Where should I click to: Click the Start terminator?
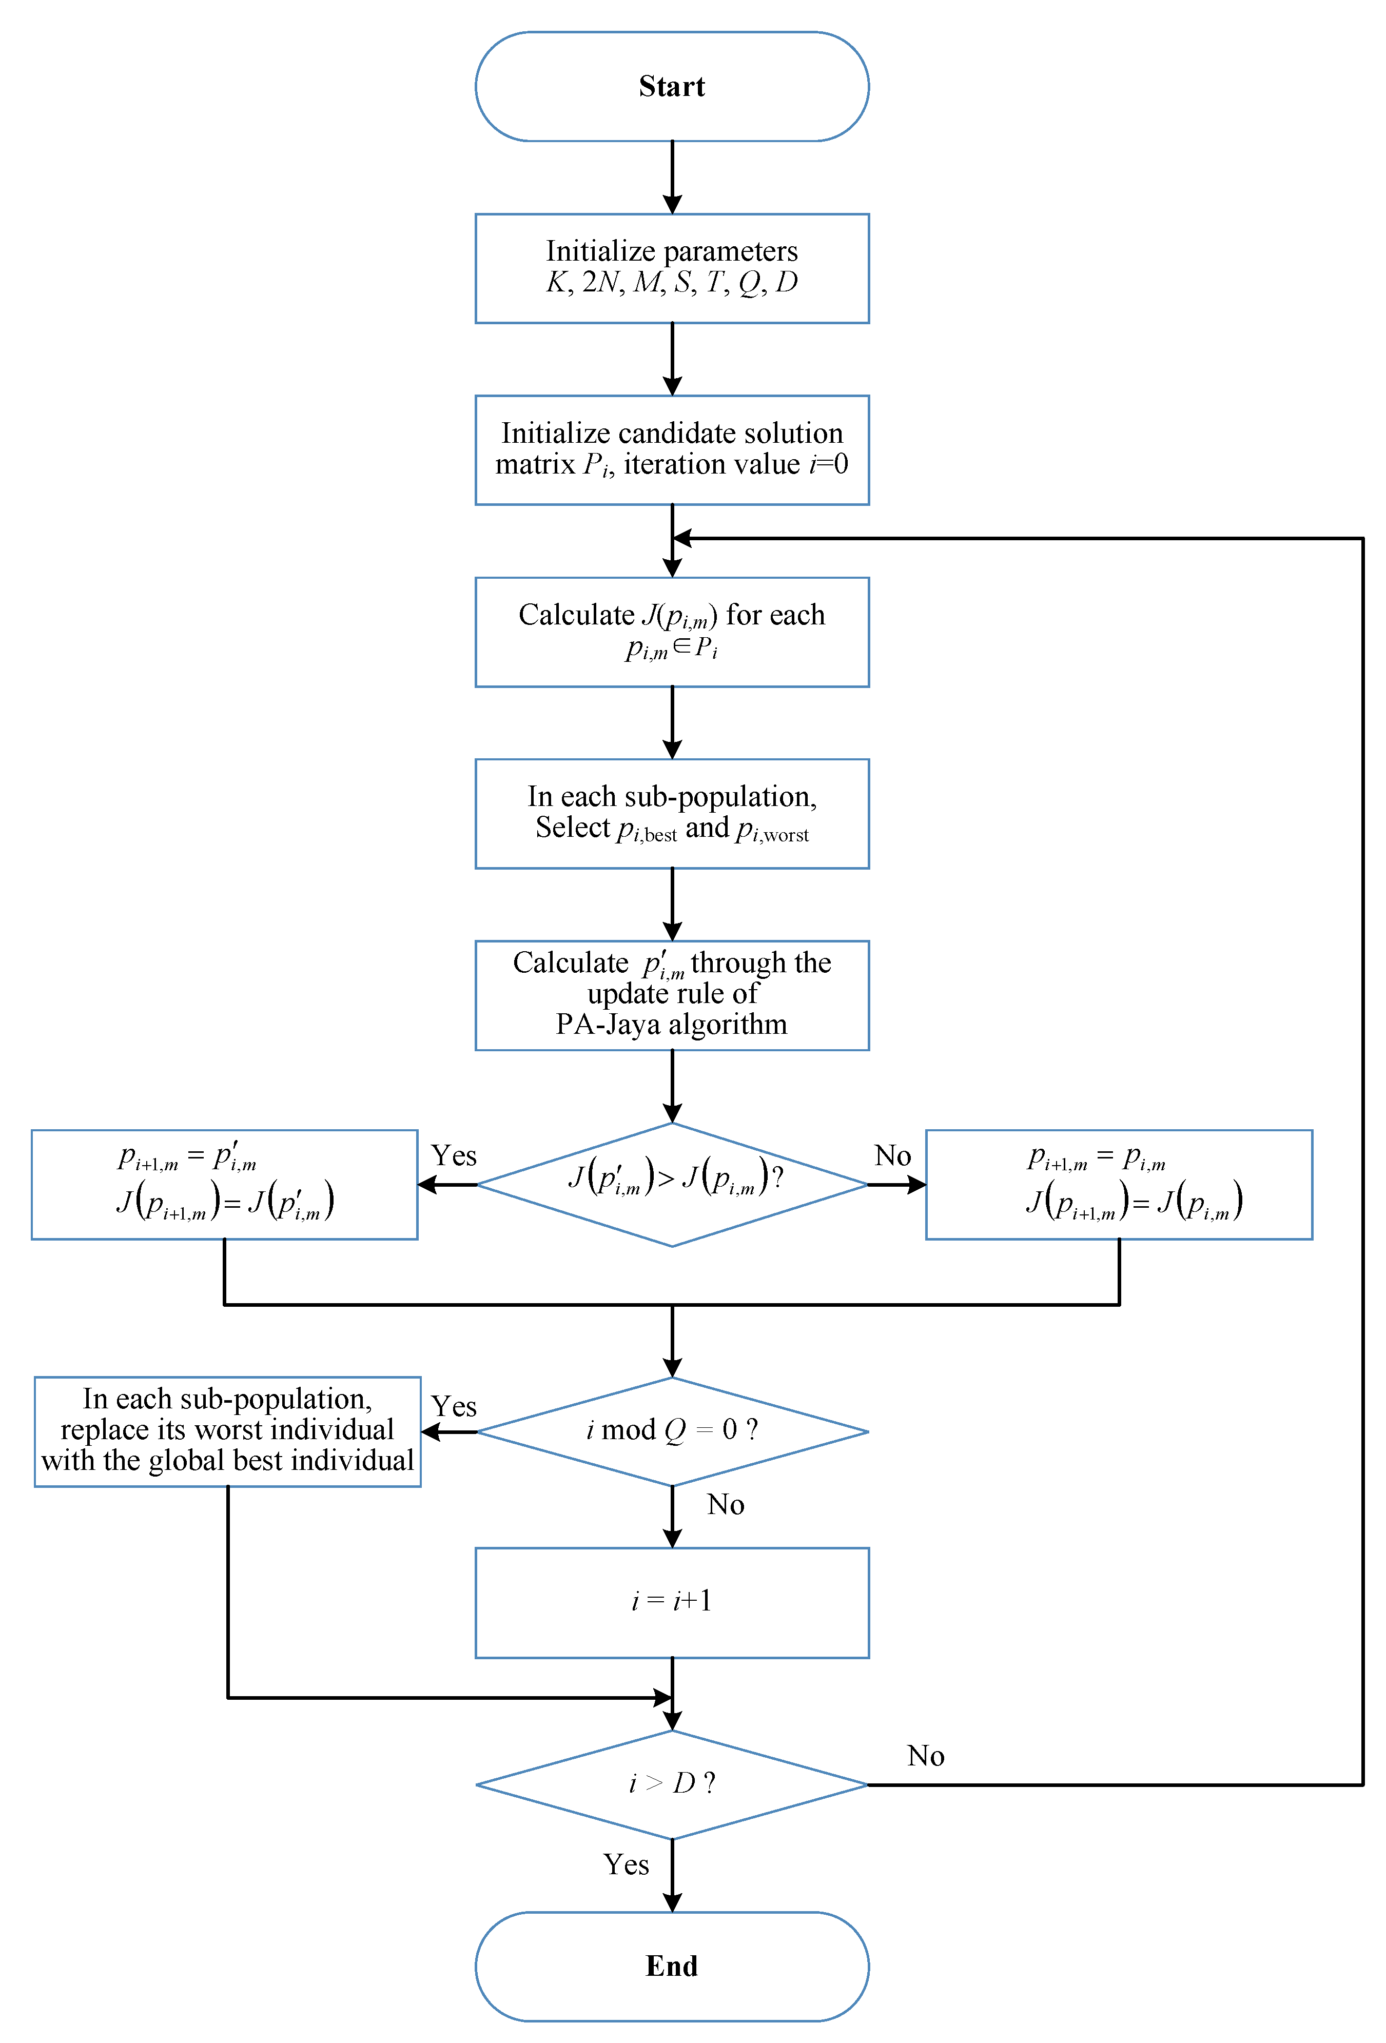click(x=672, y=86)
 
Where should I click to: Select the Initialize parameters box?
click(x=672, y=268)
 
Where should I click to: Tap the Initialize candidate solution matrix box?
click(x=672, y=449)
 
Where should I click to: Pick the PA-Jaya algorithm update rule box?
click(x=672, y=995)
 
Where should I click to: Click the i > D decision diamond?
click(x=672, y=1784)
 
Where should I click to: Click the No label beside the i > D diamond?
click(x=925, y=1756)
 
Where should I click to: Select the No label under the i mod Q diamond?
click(x=726, y=1504)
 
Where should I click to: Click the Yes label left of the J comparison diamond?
click(x=454, y=1155)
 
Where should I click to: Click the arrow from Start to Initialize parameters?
click(x=672, y=176)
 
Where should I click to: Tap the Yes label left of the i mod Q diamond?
click(x=454, y=1406)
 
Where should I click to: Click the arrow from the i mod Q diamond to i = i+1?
click(x=672, y=1517)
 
